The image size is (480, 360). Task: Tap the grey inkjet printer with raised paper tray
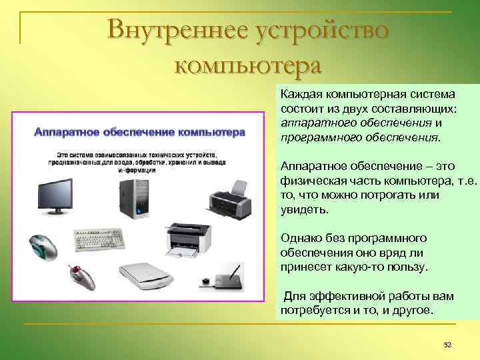(x=227, y=196)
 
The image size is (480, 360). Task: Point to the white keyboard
(x=100, y=239)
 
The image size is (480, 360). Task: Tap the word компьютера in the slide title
(x=247, y=65)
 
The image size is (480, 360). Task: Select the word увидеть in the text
(x=304, y=209)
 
